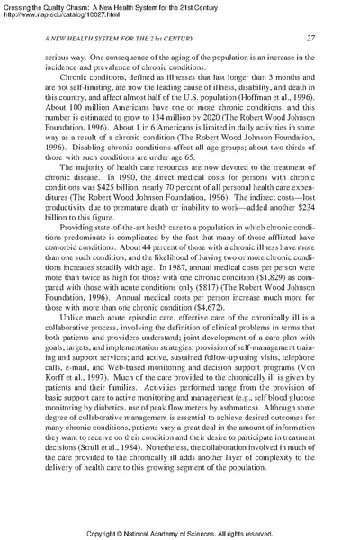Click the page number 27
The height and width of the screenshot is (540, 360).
point(309,37)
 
